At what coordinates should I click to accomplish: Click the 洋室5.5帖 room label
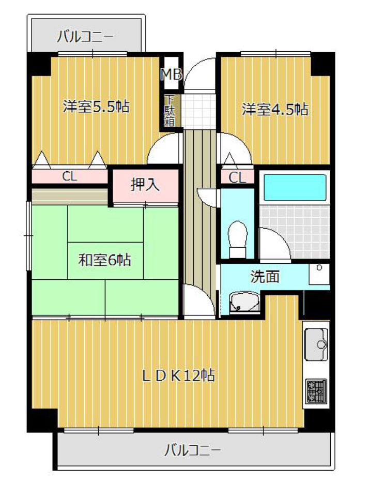pyautogui.click(x=96, y=107)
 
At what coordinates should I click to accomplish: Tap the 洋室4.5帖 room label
pyautogui.click(x=275, y=109)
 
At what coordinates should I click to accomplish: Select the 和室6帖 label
pyautogui.click(x=105, y=260)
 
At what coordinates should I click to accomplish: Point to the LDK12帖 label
pyautogui.click(x=179, y=375)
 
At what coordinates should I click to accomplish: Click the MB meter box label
pyautogui.click(x=172, y=74)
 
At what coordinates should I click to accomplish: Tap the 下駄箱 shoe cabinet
pyautogui.click(x=170, y=111)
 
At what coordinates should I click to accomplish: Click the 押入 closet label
pyautogui.click(x=145, y=185)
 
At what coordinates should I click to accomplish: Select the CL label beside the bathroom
pyautogui.click(x=237, y=177)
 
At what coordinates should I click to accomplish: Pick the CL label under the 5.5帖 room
pyautogui.click(x=70, y=176)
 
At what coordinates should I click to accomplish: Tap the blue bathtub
pyautogui.click(x=295, y=187)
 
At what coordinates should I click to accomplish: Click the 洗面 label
pyautogui.click(x=265, y=276)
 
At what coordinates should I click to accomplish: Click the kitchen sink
pyautogui.click(x=316, y=343)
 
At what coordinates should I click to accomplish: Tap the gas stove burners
pyautogui.click(x=316, y=391)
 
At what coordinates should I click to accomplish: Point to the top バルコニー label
pyautogui.click(x=85, y=37)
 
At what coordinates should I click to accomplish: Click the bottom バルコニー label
pyautogui.click(x=192, y=450)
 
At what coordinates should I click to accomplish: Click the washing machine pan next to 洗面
pyautogui.click(x=319, y=274)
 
